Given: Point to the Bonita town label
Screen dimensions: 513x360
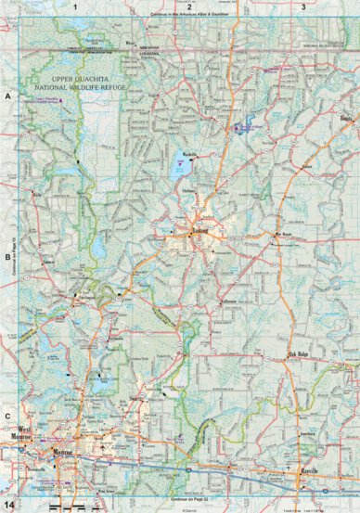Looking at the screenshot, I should point(347,119).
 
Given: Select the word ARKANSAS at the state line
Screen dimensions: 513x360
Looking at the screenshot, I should point(148,44).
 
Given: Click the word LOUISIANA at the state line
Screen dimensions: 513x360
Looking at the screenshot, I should point(148,52).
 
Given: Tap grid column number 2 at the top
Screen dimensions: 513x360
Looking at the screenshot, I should point(189,6).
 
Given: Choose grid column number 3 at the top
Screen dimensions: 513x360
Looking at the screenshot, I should point(304,6).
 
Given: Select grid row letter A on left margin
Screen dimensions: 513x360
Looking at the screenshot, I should point(7,96).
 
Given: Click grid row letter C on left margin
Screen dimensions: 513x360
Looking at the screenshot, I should point(7,417).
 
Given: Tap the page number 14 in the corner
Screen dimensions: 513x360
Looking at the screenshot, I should point(9,504).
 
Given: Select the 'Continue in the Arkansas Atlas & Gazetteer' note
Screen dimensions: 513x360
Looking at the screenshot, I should point(189,17).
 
